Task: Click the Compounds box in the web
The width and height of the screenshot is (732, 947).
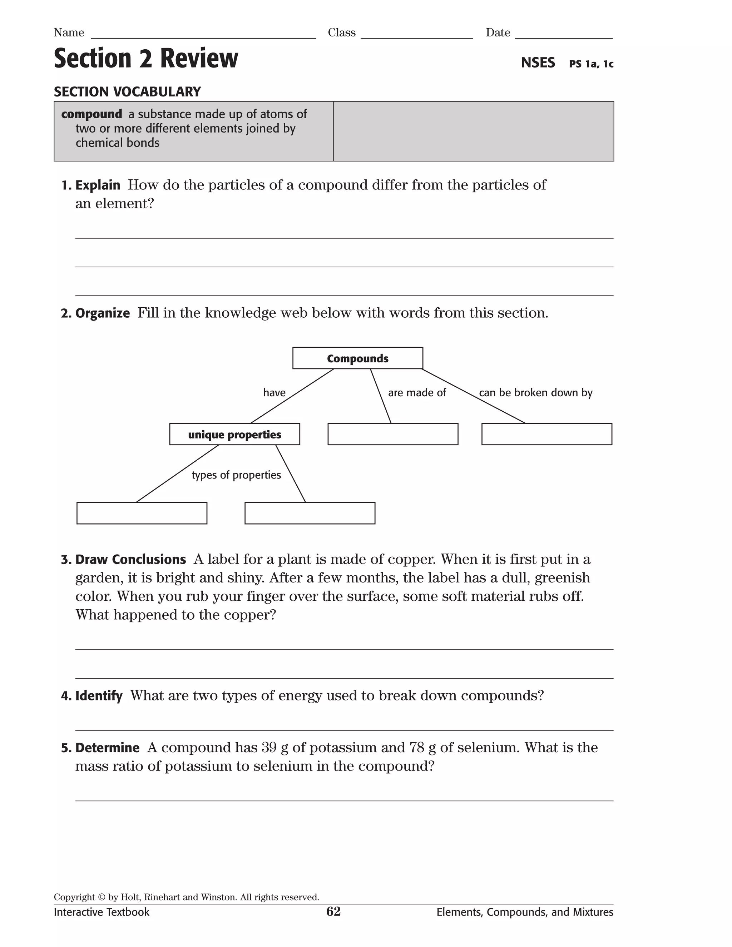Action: click(357, 358)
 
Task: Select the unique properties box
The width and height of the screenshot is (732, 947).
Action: click(234, 434)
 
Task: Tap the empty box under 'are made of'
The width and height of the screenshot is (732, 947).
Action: click(392, 434)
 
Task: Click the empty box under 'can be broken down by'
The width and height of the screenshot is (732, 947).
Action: click(546, 434)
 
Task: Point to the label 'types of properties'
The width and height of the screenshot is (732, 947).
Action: click(236, 475)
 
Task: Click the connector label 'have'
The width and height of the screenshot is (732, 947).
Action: click(274, 392)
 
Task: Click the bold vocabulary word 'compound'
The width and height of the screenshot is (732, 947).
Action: click(91, 114)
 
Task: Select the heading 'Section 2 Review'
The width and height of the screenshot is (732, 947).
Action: click(146, 58)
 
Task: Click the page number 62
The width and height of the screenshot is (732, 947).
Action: click(333, 912)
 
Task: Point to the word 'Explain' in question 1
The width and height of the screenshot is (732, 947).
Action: click(98, 185)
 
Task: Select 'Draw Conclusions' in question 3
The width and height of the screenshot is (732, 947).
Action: click(130, 559)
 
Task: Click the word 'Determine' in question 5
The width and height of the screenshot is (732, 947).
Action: click(107, 748)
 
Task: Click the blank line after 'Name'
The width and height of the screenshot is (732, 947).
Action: click(203, 35)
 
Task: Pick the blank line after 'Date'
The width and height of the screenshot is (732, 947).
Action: click(563, 35)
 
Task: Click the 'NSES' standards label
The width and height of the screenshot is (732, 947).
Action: click(538, 63)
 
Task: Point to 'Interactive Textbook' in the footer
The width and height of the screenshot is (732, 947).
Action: click(102, 912)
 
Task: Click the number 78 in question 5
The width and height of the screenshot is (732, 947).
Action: click(417, 748)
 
